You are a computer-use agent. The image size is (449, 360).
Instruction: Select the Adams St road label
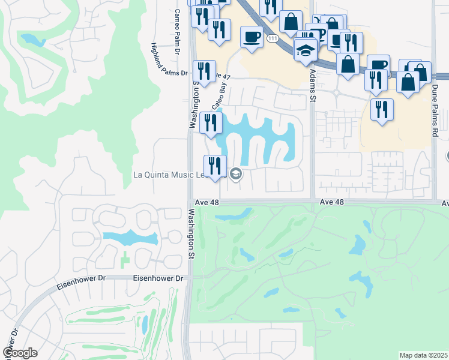point(312,84)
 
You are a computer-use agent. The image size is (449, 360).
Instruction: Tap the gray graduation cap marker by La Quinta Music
point(236,175)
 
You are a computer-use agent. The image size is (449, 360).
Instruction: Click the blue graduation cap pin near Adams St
point(306,49)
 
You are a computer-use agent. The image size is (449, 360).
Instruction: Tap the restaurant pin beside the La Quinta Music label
point(215,166)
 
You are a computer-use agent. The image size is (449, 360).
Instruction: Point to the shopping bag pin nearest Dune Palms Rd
point(408,83)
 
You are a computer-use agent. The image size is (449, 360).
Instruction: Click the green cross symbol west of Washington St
point(124,260)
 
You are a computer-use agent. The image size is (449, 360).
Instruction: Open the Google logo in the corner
point(20,353)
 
